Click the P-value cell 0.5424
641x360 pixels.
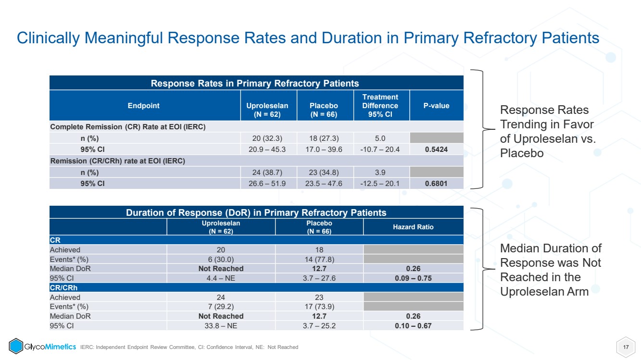(x=436, y=149)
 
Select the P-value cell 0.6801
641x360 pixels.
(x=436, y=183)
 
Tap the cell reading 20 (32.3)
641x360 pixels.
(x=267, y=138)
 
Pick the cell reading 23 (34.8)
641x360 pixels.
(x=324, y=173)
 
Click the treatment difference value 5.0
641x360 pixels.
(x=380, y=138)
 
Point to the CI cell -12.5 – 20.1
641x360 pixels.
(x=380, y=183)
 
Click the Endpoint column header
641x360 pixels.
(x=143, y=106)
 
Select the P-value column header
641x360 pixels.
(x=436, y=106)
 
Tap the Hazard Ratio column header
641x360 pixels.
(x=413, y=227)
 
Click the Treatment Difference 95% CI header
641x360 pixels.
(x=380, y=106)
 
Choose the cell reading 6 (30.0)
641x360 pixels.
(x=221, y=260)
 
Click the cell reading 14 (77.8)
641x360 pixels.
(x=319, y=260)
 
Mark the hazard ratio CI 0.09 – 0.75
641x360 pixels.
(x=413, y=278)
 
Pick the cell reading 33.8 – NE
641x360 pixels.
(x=221, y=326)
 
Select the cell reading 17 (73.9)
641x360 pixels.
(x=319, y=307)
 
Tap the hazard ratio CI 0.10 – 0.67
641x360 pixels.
(x=413, y=326)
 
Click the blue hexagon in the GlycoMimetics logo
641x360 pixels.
(x=16, y=346)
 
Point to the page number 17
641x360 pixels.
(x=626, y=347)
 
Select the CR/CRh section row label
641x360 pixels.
(x=63, y=287)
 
